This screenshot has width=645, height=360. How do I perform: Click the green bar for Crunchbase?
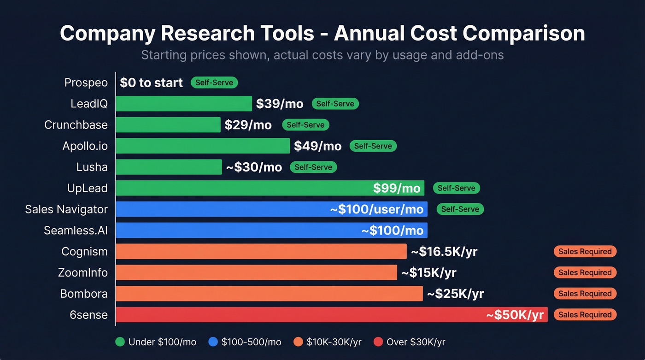(168, 125)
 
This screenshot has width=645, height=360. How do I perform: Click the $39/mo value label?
(280, 104)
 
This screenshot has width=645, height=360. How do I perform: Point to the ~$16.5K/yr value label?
(444, 252)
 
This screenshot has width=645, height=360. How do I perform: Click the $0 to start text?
(151, 83)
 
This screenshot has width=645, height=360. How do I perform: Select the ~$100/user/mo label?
(377, 209)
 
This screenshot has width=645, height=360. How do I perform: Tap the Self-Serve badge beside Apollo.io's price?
(373, 146)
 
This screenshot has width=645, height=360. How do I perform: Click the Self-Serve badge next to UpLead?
(456, 188)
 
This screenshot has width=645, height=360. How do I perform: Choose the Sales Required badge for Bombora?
(585, 294)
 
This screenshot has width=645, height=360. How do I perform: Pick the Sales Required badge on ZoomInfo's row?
(585, 272)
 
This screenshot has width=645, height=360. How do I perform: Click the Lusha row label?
(92, 167)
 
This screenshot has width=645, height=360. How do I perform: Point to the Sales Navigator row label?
(66, 209)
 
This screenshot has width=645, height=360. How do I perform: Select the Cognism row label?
(84, 252)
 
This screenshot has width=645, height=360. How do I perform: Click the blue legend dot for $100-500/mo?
(213, 342)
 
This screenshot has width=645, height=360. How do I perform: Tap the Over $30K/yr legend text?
(416, 342)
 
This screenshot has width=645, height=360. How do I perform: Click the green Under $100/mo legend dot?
(120, 342)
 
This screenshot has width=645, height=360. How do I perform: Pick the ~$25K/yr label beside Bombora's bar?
(455, 294)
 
